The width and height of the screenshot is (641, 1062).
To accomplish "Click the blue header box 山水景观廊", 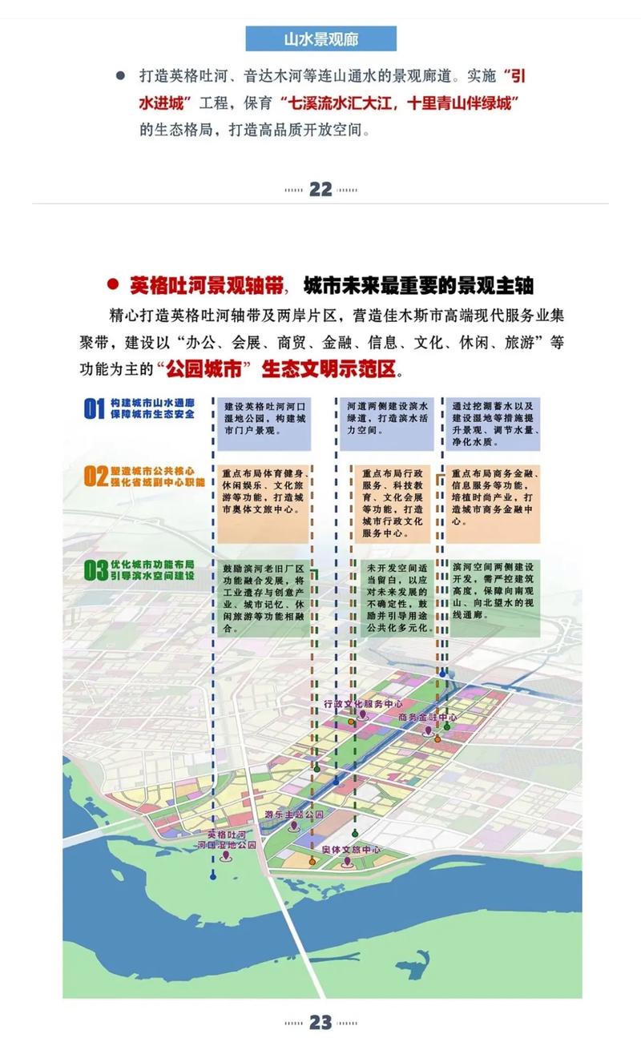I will coord(320,38).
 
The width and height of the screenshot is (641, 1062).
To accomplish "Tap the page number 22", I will coord(320,189).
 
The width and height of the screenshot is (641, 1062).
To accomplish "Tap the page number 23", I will coord(320,1023).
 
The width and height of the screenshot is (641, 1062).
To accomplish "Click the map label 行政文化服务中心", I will coord(363,702).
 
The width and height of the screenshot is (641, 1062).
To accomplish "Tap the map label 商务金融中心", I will coord(427,718).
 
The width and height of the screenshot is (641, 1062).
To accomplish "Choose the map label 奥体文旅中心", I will coord(348,850).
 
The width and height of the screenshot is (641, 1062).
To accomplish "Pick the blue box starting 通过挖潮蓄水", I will coord(492,421).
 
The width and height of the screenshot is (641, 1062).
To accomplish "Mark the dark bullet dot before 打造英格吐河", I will coord(120,75).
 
